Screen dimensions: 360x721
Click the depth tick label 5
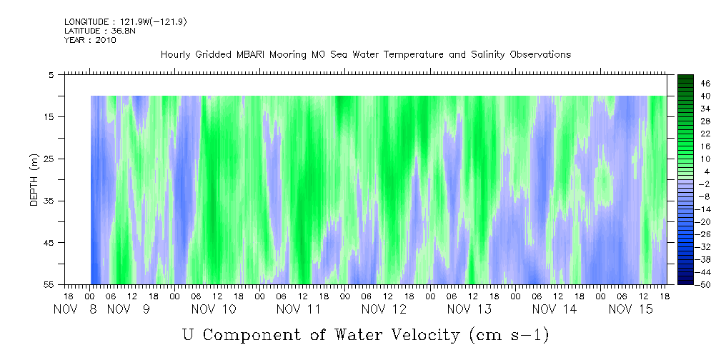click(51, 74)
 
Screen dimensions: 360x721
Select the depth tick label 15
click(49, 116)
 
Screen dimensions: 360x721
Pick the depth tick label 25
click(49, 159)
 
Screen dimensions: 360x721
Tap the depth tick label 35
click(49, 201)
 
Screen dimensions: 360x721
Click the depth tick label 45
click(49, 243)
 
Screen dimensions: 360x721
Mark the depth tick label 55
click(49, 285)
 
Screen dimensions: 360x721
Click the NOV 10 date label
click(214, 309)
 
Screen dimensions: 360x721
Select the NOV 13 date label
click(469, 309)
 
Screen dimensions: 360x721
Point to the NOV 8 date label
click(75, 309)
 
